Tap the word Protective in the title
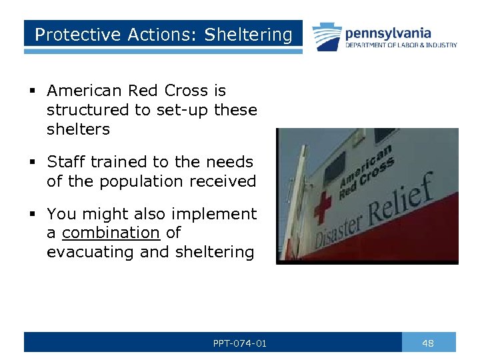(67, 35)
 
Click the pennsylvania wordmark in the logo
(387, 33)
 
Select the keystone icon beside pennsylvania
(327, 37)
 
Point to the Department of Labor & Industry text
(401, 45)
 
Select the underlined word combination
(111, 233)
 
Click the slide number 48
(428, 343)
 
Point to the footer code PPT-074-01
(240, 343)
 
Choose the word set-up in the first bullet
(181, 110)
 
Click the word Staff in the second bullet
(66, 162)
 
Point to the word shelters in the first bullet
(78, 129)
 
